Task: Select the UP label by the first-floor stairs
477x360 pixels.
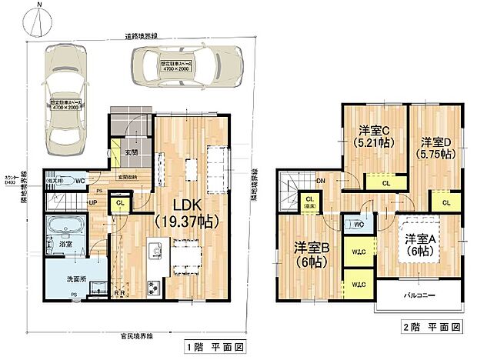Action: (93, 203)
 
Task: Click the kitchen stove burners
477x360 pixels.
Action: (152, 288)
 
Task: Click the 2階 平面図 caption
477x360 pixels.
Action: (435, 327)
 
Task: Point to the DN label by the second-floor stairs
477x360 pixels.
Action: (320, 180)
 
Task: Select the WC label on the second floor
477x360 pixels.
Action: (357, 225)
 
